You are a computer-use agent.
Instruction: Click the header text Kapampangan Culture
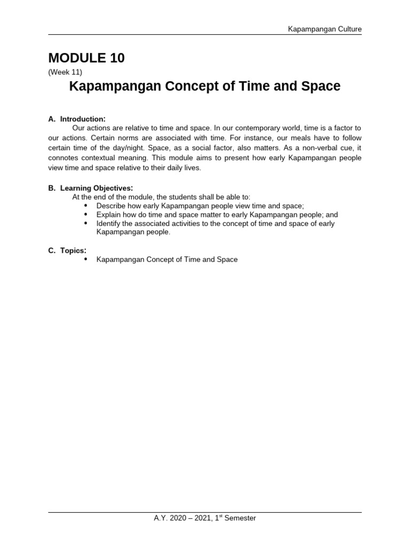click(325, 29)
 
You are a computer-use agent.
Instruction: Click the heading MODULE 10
click(86, 58)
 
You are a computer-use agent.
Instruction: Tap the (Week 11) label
click(65, 72)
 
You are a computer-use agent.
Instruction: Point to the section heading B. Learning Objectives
click(90, 188)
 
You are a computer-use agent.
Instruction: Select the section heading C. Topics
click(67, 251)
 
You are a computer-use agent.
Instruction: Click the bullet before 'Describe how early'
click(86, 206)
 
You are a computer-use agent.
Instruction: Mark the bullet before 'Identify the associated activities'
click(86, 223)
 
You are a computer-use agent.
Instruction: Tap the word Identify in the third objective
click(109, 223)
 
